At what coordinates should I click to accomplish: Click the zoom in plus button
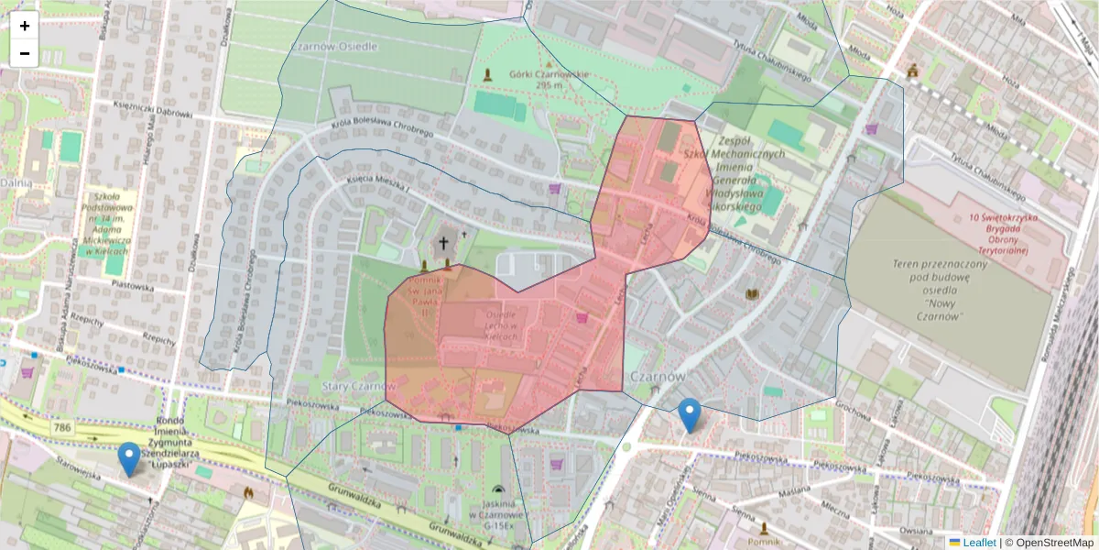(x=25, y=26)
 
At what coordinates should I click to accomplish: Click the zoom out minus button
(x=25, y=53)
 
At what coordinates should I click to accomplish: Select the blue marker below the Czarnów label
(x=690, y=415)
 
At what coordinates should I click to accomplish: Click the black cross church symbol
(x=444, y=244)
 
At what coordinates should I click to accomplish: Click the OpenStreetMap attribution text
(x=1052, y=543)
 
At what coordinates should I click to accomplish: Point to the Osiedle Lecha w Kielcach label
(x=499, y=326)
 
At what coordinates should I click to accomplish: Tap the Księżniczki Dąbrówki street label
(x=152, y=115)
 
